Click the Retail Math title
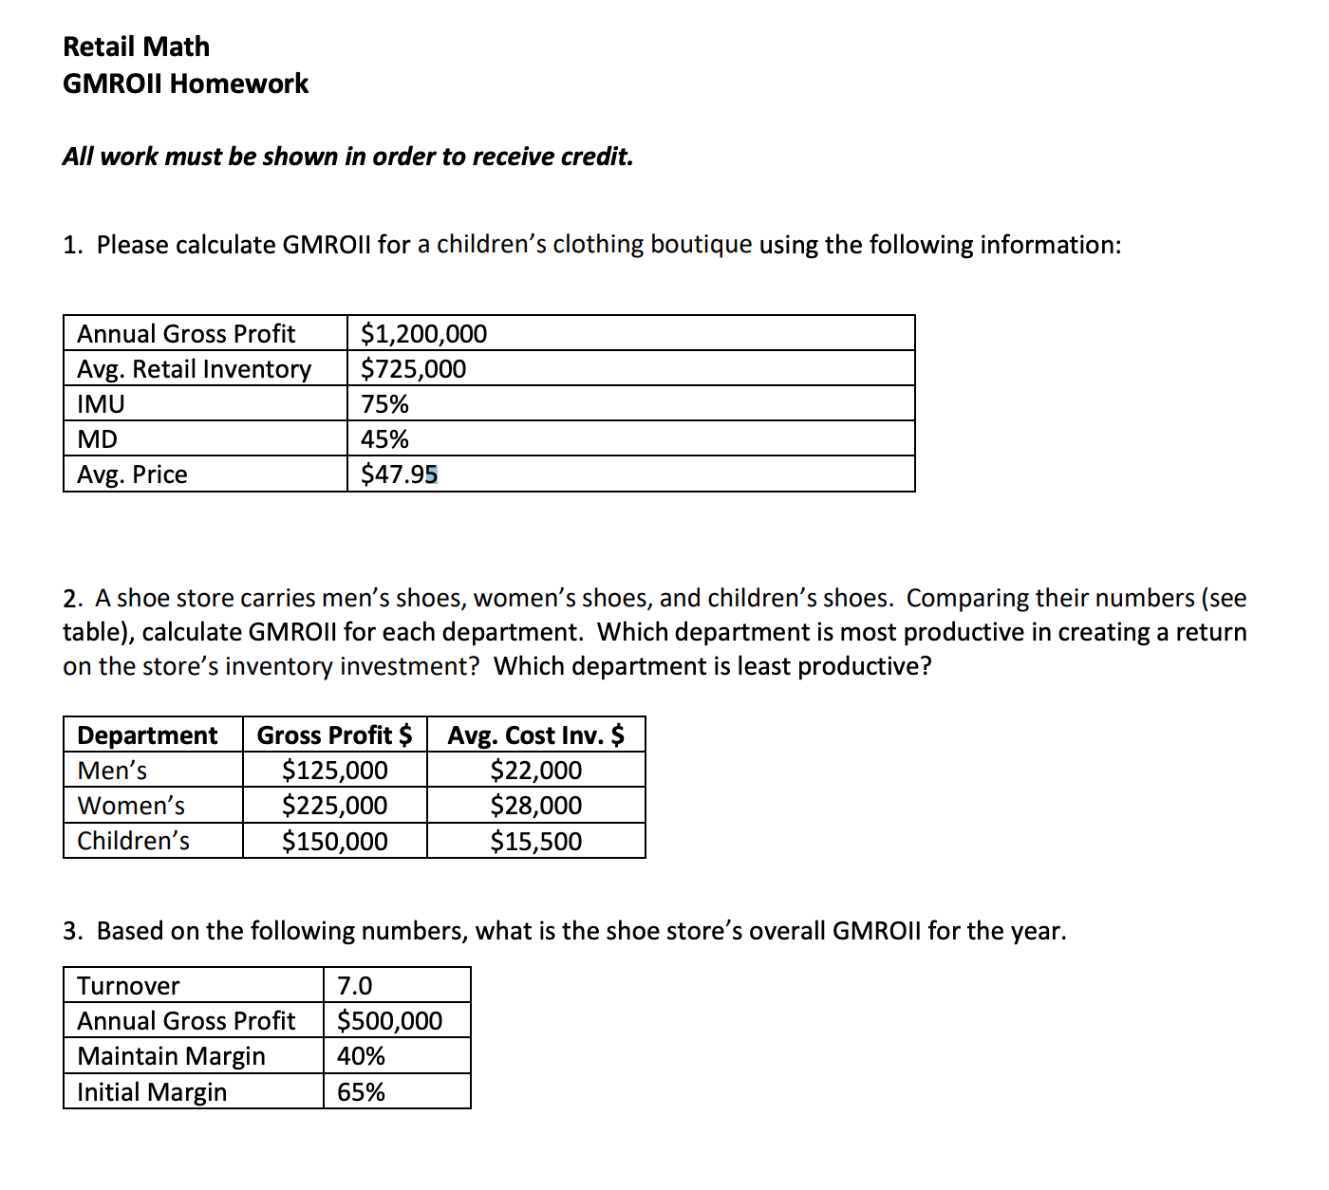pyautogui.click(x=136, y=46)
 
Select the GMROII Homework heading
pyautogui.click(x=185, y=84)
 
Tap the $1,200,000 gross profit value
pyautogui.click(x=423, y=334)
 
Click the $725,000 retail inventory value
pyautogui.click(x=413, y=369)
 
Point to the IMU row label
pyautogui.click(x=101, y=404)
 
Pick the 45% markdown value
pyautogui.click(x=384, y=439)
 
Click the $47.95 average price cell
pyautogui.click(x=399, y=474)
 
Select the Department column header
pyautogui.click(x=147, y=735)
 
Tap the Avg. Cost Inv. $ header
pyautogui.click(x=535, y=735)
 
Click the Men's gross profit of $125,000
pyautogui.click(x=334, y=771)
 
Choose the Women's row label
pyautogui.click(x=131, y=806)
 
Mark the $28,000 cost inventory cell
pyautogui.click(x=535, y=806)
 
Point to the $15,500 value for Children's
pyautogui.click(x=535, y=842)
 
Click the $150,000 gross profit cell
pyautogui.click(x=334, y=842)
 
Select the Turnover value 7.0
pyautogui.click(x=355, y=986)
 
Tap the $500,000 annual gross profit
pyautogui.click(x=389, y=1021)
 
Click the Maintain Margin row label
pyautogui.click(x=171, y=1056)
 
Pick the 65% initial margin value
pyautogui.click(x=361, y=1092)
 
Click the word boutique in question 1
pyautogui.click(x=701, y=245)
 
